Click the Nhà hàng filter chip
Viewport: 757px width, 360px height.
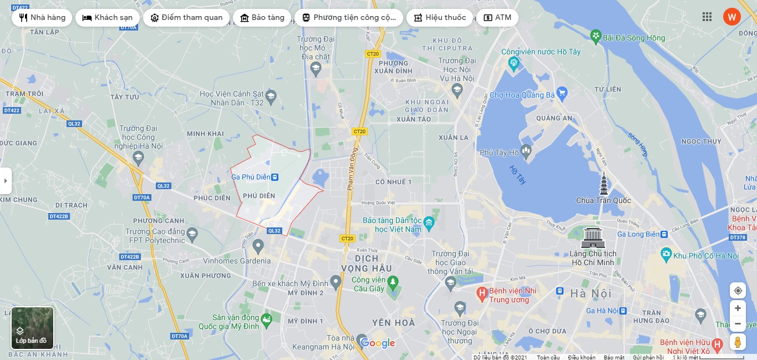[x=42, y=17]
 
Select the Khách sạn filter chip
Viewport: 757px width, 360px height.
[x=108, y=17]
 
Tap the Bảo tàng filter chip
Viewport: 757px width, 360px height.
[x=262, y=17]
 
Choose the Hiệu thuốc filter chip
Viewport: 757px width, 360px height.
[x=439, y=17]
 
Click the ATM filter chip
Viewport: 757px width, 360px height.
[x=497, y=17]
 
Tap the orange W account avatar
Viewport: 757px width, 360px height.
[x=731, y=17]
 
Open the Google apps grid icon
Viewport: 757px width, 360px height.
[x=707, y=17]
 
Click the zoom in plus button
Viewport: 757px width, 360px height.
[x=738, y=308]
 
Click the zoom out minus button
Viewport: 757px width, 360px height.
[x=738, y=323]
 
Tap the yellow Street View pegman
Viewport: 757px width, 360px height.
[x=738, y=342]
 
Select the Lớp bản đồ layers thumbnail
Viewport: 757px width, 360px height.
[x=32, y=328]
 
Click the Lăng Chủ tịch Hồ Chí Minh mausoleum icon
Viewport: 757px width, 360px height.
[x=593, y=237]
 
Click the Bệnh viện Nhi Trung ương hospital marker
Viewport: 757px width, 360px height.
[x=482, y=292]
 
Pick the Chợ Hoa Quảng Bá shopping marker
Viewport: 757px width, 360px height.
[x=562, y=92]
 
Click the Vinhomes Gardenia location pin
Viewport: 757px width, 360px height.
[x=258, y=245]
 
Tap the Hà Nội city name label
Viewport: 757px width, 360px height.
[x=591, y=293]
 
